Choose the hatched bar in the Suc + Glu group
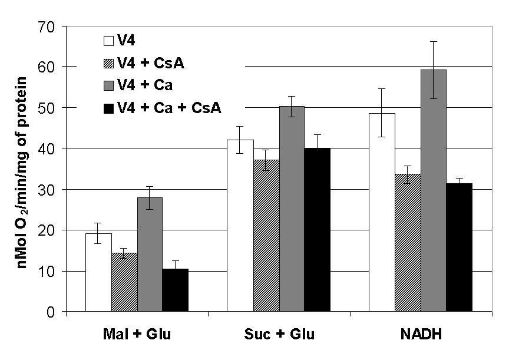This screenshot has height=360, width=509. pos(266,236)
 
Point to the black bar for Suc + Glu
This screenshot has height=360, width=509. pos(318,230)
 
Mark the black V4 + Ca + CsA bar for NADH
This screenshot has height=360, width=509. pos(460,247)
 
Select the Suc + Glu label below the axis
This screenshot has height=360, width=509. pos(279,335)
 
